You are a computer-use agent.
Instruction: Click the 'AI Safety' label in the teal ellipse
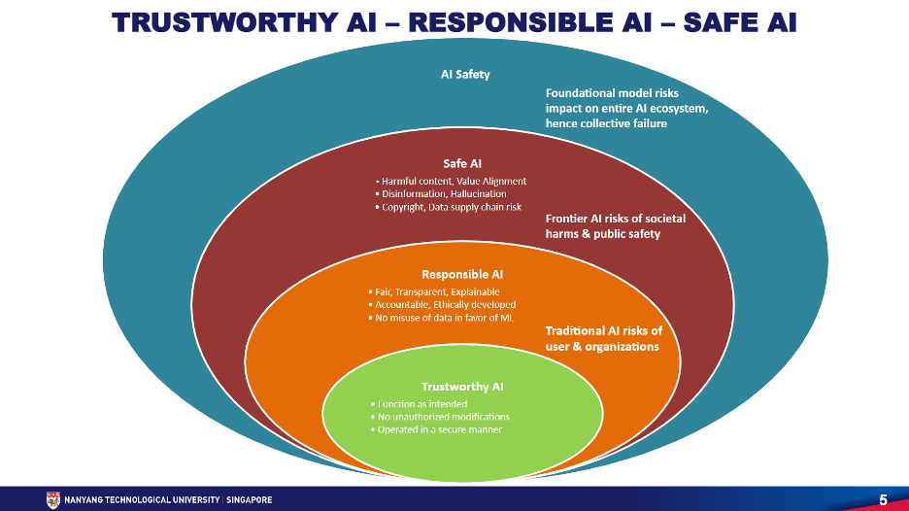(465, 74)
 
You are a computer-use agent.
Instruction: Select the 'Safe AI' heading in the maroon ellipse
(462, 163)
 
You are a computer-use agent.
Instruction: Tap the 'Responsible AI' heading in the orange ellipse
(462, 274)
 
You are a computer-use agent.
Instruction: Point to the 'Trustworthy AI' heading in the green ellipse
(462, 387)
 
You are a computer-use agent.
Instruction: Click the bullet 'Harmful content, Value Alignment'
(451, 181)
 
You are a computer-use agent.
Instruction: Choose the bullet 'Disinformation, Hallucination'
(441, 193)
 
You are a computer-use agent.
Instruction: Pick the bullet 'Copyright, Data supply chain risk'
(448, 207)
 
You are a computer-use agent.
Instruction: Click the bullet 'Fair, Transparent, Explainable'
(434, 291)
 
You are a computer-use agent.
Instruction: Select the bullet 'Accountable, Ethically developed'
(442, 304)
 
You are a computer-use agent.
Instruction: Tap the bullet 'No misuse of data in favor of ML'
(441, 318)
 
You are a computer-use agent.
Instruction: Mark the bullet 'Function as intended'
(419, 404)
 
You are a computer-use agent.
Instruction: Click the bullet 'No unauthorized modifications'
(440, 417)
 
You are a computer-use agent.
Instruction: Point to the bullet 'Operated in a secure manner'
(436, 429)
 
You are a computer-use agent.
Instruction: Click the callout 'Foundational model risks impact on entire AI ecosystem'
(626, 108)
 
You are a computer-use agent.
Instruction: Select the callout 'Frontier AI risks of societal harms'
(615, 226)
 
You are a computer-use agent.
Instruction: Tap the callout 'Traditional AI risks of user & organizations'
(603, 338)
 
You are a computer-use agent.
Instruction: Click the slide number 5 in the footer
(883, 500)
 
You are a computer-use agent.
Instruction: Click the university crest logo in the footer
(52, 500)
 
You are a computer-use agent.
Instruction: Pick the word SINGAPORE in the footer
(250, 500)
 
